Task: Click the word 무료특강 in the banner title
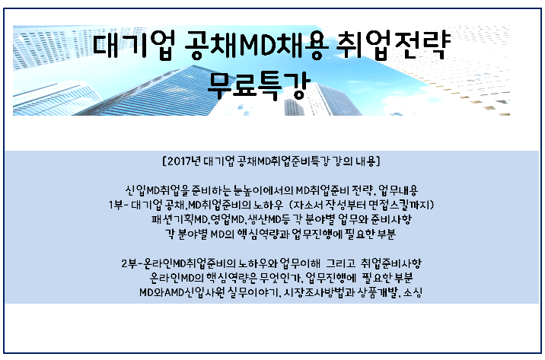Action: pos(259,85)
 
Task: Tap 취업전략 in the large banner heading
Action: pos(393,45)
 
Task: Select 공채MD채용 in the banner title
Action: pos(257,45)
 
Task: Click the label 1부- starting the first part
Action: pos(119,205)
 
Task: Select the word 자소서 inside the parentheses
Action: pos(309,205)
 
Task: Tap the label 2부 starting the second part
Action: pos(129,263)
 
